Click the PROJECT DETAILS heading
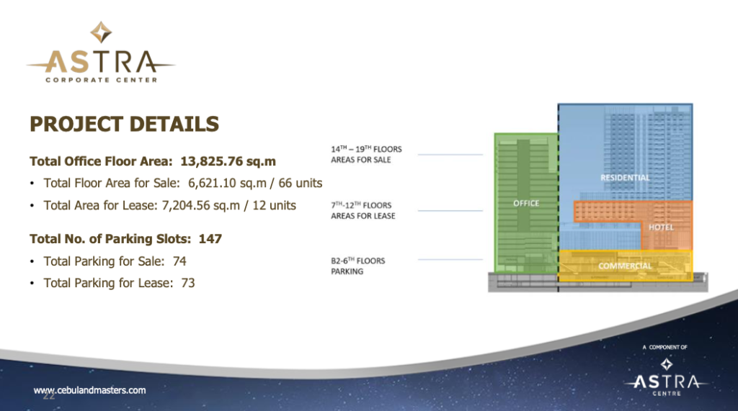(124, 125)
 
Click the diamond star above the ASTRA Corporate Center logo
(101, 32)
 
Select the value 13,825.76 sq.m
(228, 161)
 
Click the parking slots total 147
(210, 239)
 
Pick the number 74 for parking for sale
(179, 261)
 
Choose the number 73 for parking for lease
(188, 283)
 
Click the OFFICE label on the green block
(526, 203)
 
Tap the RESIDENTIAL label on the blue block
(625, 178)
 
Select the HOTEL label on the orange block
(661, 227)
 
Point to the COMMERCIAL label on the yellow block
(625, 266)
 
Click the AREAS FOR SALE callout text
(360, 160)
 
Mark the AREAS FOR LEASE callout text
(363, 216)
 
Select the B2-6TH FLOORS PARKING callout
(357, 266)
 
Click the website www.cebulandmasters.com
(89, 390)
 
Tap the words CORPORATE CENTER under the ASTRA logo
(101, 80)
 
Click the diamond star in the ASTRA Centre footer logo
(667, 364)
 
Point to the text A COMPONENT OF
(664, 348)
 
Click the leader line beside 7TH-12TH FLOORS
(450, 211)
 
